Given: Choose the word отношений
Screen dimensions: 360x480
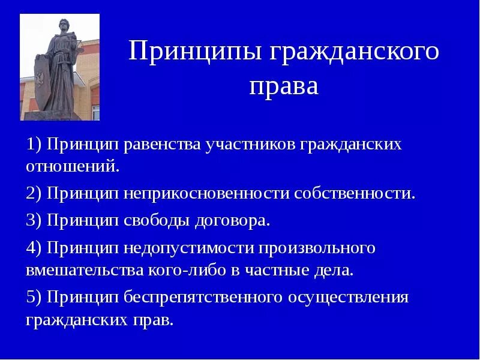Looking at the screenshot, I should (73, 165).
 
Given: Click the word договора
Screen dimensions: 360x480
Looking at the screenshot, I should (232, 220).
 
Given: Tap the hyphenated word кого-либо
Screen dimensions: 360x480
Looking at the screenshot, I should (186, 269).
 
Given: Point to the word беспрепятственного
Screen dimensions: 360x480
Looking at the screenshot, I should (205, 298).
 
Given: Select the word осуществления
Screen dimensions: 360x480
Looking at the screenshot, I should (349, 298).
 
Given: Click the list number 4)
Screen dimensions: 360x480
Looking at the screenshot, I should (34, 248).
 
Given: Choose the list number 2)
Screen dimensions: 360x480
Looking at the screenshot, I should (34, 194).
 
